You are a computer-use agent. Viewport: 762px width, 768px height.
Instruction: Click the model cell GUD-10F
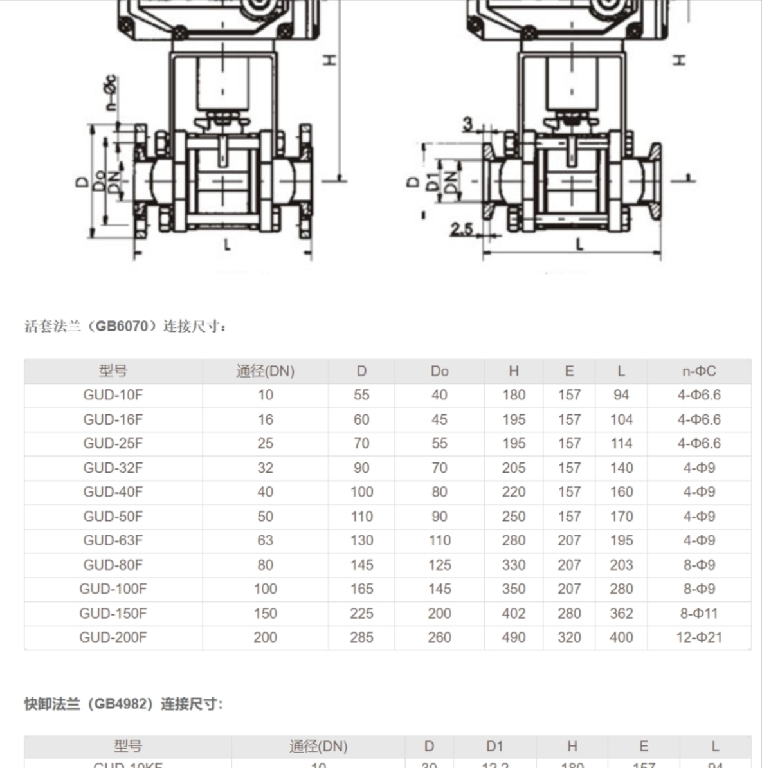pyautogui.click(x=113, y=395)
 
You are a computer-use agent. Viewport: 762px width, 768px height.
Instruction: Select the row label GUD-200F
pyautogui.click(x=113, y=637)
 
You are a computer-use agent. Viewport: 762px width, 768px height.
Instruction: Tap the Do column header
pyautogui.click(x=439, y=371)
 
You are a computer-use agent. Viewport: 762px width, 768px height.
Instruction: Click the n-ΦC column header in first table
pyautogui.click(x=699, y=371)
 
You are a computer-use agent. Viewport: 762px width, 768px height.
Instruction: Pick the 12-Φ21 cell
pyautogui.click(x=699, y=637)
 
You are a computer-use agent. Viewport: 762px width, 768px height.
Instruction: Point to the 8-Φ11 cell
pyautogui.click(x=699, y=613)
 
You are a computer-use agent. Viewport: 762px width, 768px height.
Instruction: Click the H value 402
pyautogui.click(x=514, y=613)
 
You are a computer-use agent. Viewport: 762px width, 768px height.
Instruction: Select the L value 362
pyautogui.click(x=621, y=613)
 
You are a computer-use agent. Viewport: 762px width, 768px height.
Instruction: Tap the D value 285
pyautogui.click(x=361, y=637)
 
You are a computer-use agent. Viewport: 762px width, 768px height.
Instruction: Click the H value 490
pyautogui.click(x=514, y=637)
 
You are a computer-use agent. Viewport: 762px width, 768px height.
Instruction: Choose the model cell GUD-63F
pyautogui.click(x=113, y=540)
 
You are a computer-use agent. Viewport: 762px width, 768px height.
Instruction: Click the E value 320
pyautogui.click(x=569, y=637)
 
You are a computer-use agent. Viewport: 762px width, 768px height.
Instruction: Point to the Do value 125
pyautogui.click(x=439, y=565)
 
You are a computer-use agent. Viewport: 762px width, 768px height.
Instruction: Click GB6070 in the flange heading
pyautogui.click(x=122, y=326)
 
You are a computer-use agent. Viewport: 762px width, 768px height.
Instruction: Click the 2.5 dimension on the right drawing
pyautogui.click(x=462, y=229)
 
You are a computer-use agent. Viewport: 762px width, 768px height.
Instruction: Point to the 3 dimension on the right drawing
pyautogui.click(x=468, y=124)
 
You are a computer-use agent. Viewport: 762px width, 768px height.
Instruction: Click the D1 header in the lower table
pyautogui.click(x=494, y=746)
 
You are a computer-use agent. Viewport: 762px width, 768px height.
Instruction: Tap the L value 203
pyautogui.click(x=621, y=565)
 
